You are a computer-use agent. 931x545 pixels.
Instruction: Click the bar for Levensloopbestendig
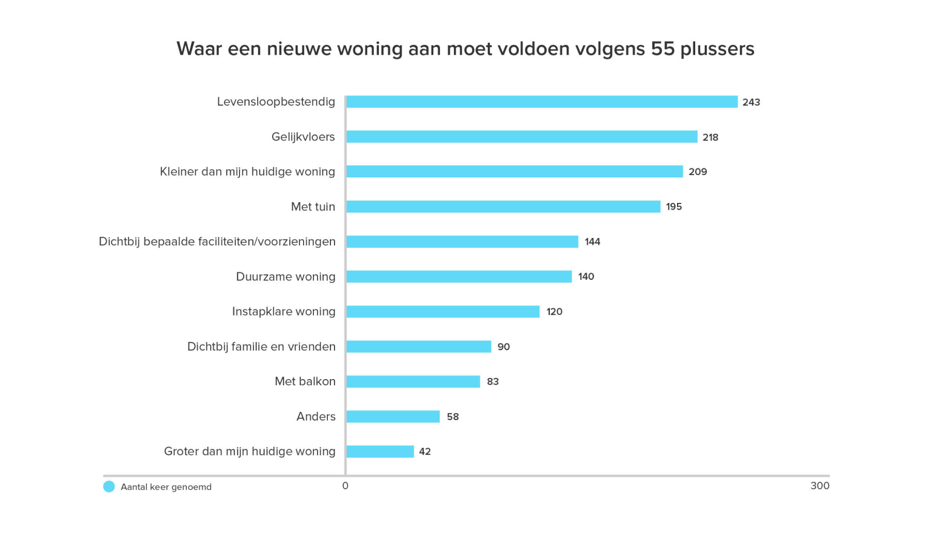pos(541,102)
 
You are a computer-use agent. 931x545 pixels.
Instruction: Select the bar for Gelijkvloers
pos(521,137)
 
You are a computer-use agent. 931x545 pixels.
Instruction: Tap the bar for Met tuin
pos(503,206)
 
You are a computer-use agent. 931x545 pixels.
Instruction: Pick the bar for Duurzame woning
pos(459,277)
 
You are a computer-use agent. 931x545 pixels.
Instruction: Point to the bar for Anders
pos(393,417)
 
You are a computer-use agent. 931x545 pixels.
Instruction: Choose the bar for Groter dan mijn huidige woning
pos(380,452)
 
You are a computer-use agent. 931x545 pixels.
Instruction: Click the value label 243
pos(751,102)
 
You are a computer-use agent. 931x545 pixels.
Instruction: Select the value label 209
pos(698,172)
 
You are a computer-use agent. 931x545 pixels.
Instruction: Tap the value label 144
pos(592,242)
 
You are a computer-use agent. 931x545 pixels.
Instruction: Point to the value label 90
pos(504,347)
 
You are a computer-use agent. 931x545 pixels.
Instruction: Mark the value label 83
pos(493,381)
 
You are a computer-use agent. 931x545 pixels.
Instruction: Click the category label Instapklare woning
pos(284,312)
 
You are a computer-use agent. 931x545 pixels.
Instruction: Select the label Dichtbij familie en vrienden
pos(261,347)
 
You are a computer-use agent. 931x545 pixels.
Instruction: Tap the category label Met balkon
pos(305,381)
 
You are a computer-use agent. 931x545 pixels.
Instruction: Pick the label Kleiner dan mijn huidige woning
pos(247,172)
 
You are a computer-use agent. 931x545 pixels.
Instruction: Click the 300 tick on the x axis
pos(819,486)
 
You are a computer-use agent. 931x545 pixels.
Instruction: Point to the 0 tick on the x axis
pos(345,486)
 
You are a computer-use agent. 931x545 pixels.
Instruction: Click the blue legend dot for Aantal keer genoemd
pos(109,487)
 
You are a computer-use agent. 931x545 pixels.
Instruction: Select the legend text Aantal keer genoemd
pos(166,487)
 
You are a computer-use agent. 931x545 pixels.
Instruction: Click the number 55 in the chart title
pos(662,48)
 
